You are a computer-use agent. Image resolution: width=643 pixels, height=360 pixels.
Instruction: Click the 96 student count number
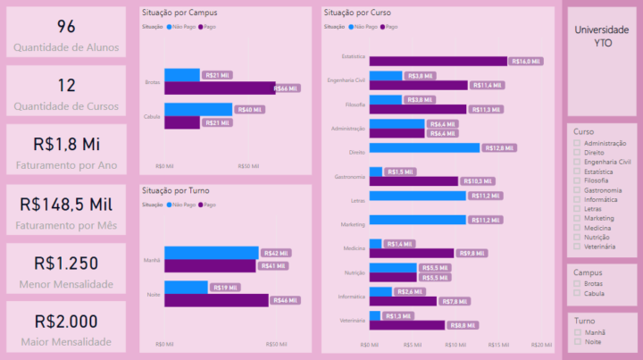[66, 27]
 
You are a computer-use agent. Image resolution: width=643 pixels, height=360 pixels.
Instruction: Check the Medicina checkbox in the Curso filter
[577, 227]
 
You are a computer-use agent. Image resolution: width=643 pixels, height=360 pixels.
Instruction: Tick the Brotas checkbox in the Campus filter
[577, 284]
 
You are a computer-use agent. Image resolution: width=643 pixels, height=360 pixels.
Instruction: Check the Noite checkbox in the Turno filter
[577, 341]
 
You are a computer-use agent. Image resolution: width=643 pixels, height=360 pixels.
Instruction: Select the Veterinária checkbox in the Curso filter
[577, 246]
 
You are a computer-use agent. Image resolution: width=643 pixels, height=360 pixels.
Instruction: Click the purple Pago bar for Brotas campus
[219, 88]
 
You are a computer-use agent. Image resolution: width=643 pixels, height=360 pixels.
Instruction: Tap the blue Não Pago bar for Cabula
[199, 110]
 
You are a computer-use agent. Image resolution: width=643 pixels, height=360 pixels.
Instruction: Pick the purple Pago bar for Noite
[216, 301]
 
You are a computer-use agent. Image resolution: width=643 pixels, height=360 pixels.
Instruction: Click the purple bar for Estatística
[438, 62]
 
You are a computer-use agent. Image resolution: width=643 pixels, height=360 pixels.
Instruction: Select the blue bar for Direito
[424, 148]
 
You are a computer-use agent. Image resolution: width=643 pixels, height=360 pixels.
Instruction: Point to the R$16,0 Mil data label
[525, 62]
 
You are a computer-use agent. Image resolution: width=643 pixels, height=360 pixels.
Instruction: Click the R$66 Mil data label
[286, 88]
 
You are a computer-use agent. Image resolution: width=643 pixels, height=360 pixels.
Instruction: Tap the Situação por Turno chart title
[179, 191]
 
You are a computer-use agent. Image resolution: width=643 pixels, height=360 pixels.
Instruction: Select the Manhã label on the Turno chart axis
[153, 260]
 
